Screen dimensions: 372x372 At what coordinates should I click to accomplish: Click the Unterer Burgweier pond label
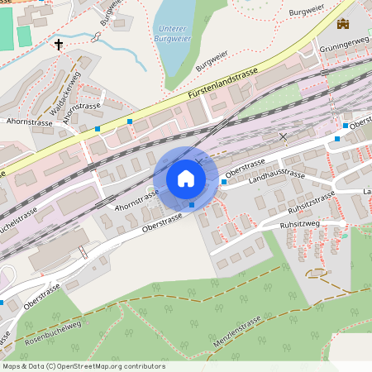[x=174, y=35]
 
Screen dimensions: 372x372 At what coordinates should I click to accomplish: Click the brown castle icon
[x=343, y=24]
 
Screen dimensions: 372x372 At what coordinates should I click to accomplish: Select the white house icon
[x=186, y=179]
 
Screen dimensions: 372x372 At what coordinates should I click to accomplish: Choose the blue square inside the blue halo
[x=192, y=203]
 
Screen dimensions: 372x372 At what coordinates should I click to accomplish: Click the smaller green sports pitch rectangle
[x=24, y=36]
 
